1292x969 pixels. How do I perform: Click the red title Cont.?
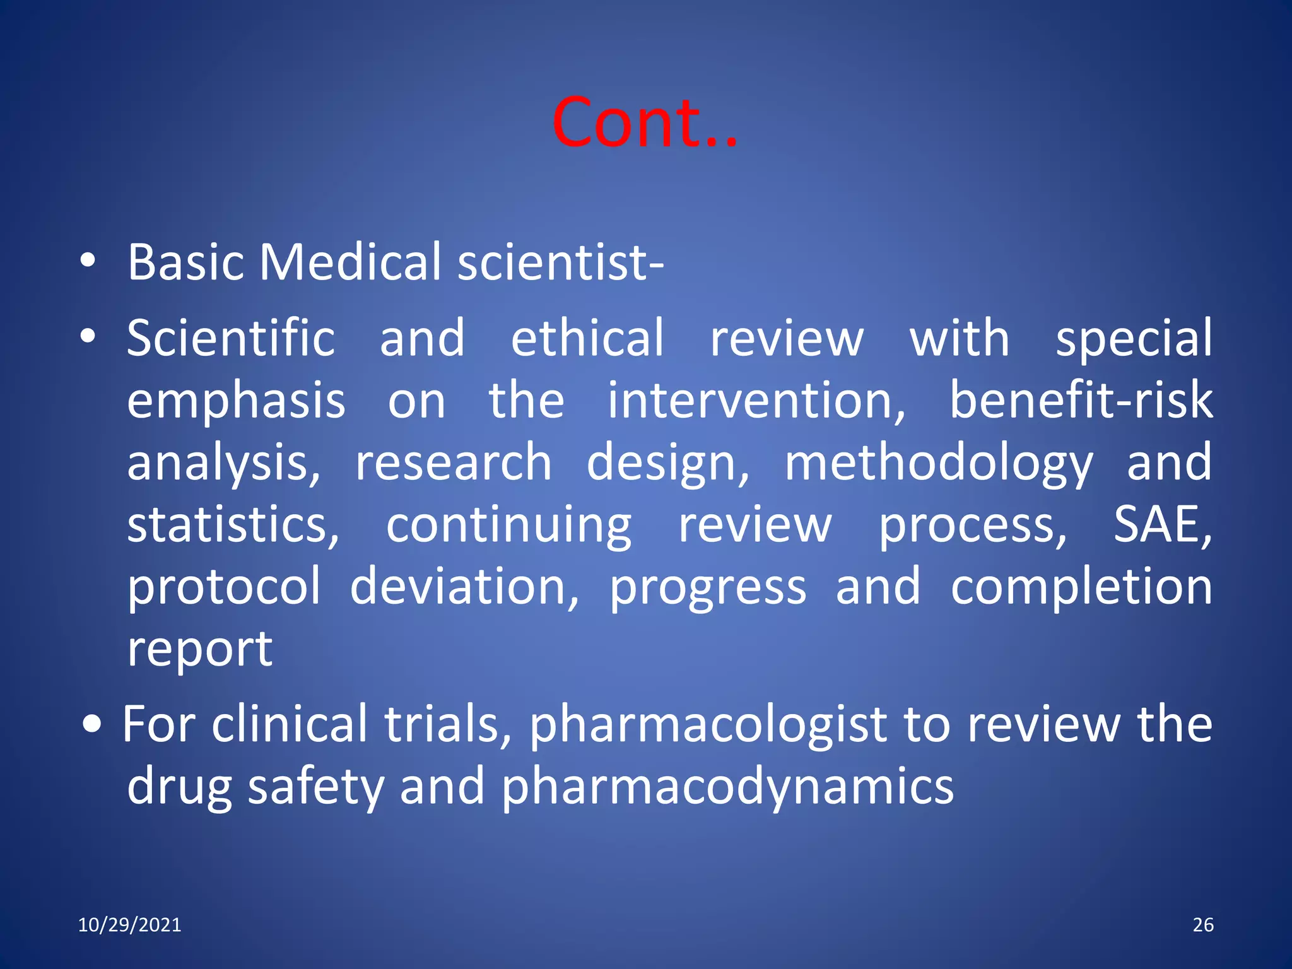coord(643,122)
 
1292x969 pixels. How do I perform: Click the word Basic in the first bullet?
coord(185,262)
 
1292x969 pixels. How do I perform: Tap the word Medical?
coord(350,262)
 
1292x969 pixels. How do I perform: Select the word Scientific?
coord(231,338)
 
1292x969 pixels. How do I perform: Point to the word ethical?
coord(587,338)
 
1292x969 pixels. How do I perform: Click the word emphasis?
coord(236,401)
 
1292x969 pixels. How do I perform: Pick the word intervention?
coord(756,401)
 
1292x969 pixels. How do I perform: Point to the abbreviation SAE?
coord(1161,525)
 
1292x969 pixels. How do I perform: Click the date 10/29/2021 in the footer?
coord(129,925)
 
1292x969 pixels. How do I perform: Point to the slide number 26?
coord(1203,925)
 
